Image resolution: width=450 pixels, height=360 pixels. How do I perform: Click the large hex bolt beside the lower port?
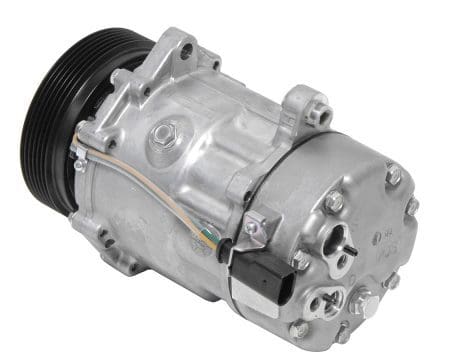pyautogui.click(x=358, y=301)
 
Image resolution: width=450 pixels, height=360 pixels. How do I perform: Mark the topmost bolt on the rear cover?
pyautogui.click(x=394, y=176)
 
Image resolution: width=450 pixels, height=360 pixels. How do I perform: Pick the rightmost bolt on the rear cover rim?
pyautogui.click(x=413, y=205)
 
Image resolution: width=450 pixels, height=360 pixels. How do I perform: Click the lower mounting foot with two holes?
pyautogui.click(x=116, y=244)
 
